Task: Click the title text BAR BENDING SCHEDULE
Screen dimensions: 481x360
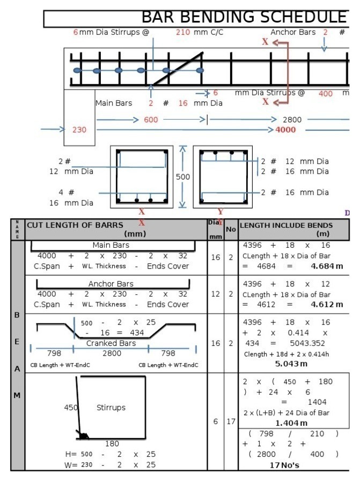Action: point(244,17)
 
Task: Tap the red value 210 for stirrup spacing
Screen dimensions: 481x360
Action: point(182,32)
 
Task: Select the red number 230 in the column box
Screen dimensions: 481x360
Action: point(79,130)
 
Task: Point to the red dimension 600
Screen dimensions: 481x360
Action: point(151,120)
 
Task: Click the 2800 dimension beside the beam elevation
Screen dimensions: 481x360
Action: point(292,120)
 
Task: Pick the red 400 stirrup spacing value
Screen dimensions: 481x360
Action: point(325,93)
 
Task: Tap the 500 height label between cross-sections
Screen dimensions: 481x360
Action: point(183,176)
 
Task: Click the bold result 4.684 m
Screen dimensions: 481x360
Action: point(327,266)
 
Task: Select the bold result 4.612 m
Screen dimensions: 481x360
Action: point(327,305)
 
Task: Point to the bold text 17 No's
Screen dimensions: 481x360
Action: point(285,464)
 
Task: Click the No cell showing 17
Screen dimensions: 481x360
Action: point(231,421)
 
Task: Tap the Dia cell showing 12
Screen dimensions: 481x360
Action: point(215,294)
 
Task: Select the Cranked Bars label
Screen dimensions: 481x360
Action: point(111,343)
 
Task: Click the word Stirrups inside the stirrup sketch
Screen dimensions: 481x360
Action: point(111,408)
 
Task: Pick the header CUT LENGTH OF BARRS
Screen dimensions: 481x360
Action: point(75,225)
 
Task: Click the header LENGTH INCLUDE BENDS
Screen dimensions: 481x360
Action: point(286,225)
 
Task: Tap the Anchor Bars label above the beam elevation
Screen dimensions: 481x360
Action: point(293,32)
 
